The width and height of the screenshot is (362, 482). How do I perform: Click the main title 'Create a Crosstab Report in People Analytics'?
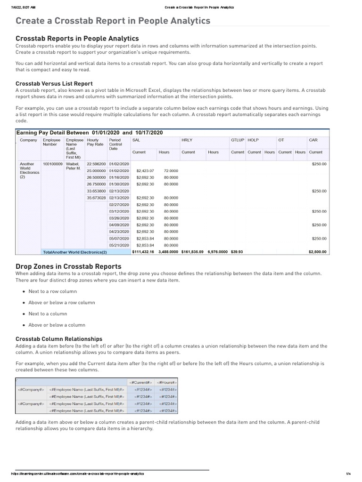pyautogui.click(x=113, y=21)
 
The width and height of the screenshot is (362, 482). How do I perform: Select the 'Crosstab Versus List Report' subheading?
pyautogui.click(x=54, y=83)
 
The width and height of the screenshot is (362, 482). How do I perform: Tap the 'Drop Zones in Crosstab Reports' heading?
pyautogui.click(x=68, y=266)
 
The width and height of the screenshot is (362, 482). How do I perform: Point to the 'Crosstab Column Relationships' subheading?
pyautogui.click(x=59, y=338)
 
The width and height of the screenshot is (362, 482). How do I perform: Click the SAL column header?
pyautogui.click(x=136, y=140)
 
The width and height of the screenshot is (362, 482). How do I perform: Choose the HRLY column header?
pyautogui.click(x=187, y=140)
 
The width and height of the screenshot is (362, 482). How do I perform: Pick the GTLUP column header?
pyautogui.click(x=237, y=140)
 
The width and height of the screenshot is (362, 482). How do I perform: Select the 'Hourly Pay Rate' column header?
pyautogui.click(x=93, y=143)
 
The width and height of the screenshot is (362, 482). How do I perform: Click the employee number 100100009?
pyautogui.click(x=52, y=164)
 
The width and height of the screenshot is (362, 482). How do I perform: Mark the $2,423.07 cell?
pyautogui.click(x=145, y=170)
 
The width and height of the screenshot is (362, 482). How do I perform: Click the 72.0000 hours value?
pyautogui.click(x=171, y=170)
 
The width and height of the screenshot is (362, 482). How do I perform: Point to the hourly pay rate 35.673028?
pyautogui.click(x=96, y=198)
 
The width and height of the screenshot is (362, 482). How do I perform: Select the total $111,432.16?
pyautogui.click(x=143, y=252)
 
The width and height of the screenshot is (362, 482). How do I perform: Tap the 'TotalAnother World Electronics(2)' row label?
pyautogui.click(x=75, y=252)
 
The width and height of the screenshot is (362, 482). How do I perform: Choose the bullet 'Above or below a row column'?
pyautogui.click(x=61, y=303)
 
